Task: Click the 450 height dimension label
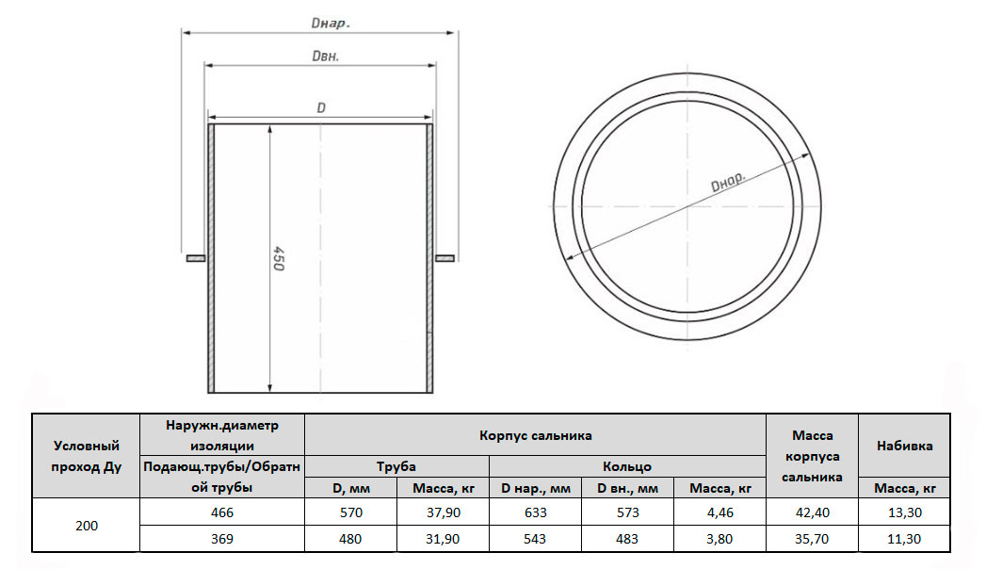click(279, 259)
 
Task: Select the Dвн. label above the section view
click(326, 56)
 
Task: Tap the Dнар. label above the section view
click(331, 24)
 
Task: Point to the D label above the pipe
click(321, 108)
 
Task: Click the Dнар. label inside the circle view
click(728, 182)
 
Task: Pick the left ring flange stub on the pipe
click(196, 258)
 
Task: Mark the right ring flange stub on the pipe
click(445, 258)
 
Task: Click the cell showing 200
click(87, 526)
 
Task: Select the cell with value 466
click(222, 512)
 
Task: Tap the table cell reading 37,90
click(444, 512)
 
